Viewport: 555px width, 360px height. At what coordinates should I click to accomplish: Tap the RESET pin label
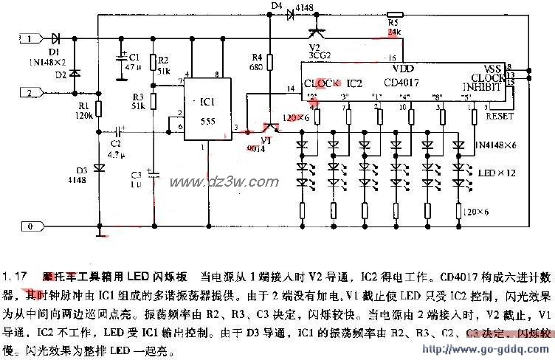pyautogui.click(x=499, y=116)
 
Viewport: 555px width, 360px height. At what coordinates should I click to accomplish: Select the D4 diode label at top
pyautogui.click(x=277, y=6)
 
